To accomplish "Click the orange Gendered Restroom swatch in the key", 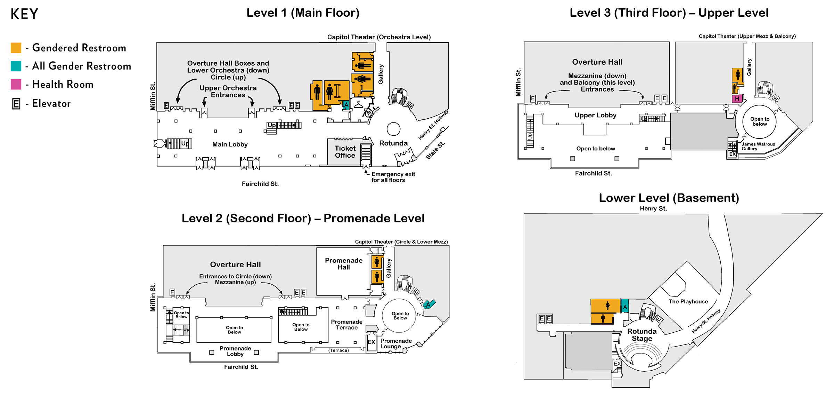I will [16, 48].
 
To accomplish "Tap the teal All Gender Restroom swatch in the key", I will [16, 66].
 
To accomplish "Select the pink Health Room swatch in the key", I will [16, 84].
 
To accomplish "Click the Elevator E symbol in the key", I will [16, 104].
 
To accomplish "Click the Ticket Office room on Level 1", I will [345, 152].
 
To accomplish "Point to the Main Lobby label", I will [230, 144].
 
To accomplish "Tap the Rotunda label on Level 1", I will [393, 143].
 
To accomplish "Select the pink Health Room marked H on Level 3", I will [737, 99].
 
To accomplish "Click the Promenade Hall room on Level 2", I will [343, 264].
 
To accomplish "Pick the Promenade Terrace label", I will [346, 325].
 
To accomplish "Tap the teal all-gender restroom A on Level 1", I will [346, 105].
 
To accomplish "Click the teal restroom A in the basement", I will [625, 307].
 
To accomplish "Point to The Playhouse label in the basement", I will [688, 302].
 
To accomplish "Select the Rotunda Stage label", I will [642, 335].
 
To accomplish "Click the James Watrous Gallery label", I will [758, 146].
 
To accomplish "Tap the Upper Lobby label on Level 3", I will [595, 115].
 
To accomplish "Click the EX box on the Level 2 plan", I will [371, 342].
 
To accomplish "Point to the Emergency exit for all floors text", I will [393, 177].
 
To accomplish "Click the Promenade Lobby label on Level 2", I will [235, 351].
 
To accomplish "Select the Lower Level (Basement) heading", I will [669, 198].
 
